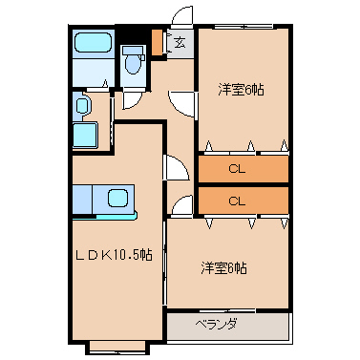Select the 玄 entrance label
(180, 43)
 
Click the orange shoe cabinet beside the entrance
(157, 42)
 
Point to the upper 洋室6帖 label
(242, 90)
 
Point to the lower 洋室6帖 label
(223, 268)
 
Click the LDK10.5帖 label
(114, 255)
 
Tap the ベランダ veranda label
(216, 325)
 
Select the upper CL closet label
(237, 169)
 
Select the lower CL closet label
(237, 201)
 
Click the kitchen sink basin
(118, 199)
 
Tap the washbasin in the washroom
(82, 105)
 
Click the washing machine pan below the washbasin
(85, 136)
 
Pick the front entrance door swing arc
(180, 12)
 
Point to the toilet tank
(133, 50)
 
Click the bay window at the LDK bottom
(117, 348)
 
